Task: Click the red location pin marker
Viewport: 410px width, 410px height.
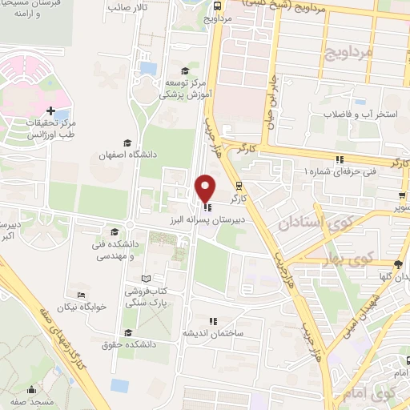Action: [206, 187]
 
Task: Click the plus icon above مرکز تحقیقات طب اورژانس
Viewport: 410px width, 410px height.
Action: [51, 111]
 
